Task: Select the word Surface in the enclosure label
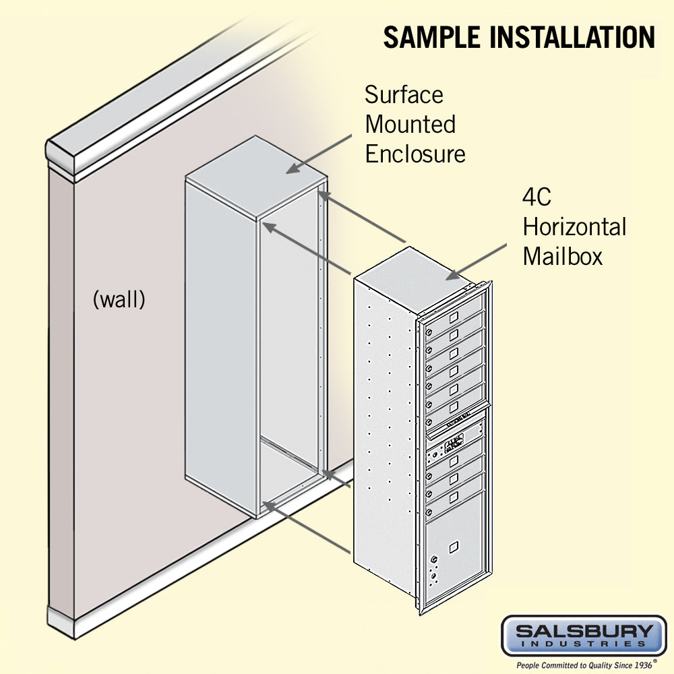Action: [x=404, y=95]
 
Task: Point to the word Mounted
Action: [x=410, y=125]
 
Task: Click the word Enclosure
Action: [x=415, y=154]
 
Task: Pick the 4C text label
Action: [x=537, y=197]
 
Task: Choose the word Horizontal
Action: [x=574, y=227]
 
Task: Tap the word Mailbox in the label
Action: [x=563, y=257]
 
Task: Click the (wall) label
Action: [x=119, y=299]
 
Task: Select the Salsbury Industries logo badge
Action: [x=584, y=636]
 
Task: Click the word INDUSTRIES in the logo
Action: [x=584, y=644]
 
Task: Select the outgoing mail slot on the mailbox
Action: [x=453, y=424]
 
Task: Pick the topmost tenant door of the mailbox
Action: [x=454, y=317]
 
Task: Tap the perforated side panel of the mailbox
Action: [x=384, y=431]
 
